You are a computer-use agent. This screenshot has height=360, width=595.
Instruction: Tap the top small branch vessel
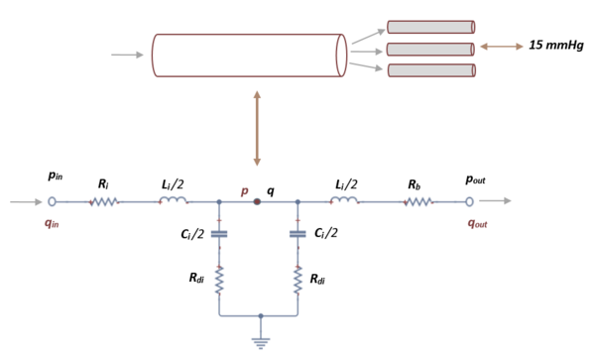[x=430, y=28]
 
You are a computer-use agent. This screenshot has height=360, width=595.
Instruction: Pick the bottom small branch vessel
[x=430, y=70]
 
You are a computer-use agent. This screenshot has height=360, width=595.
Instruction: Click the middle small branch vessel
[x=430, y=49]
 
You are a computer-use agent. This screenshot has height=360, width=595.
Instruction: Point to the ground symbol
[x=260, y=342]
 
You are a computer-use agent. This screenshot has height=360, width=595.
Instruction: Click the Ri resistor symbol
[x=104, y=202]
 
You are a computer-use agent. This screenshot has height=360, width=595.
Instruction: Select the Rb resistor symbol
[x=417, y=202]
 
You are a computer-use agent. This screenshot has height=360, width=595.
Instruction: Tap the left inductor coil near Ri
[x=174, y=201]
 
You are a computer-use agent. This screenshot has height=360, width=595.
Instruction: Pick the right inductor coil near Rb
[x=344, y=201]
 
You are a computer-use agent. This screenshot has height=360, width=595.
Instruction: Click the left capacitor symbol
[x=219, y=234]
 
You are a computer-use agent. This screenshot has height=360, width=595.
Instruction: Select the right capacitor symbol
[x=297, y=234]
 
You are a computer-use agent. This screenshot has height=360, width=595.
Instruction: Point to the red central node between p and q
[x=258, y=202]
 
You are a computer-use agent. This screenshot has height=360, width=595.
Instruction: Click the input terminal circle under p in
[x=53, y=202]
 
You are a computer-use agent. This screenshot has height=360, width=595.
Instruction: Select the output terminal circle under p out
[x=470, y=202]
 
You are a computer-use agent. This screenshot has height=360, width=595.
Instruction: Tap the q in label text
[x=54, y=223]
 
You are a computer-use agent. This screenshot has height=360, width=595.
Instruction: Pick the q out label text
[x=478, y=223]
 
